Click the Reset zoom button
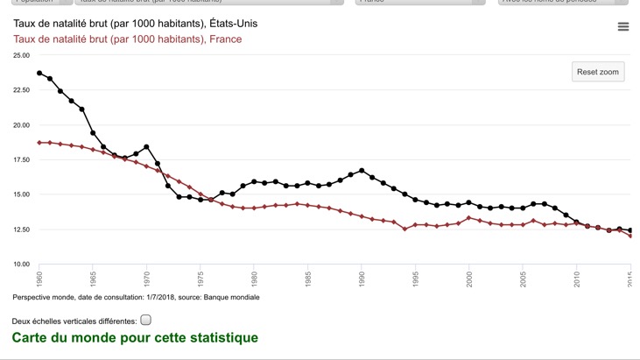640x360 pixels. [599, 72]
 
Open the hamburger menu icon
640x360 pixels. [623, 27]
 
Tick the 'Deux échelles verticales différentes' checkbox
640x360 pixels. [146, 320]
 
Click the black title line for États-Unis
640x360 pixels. [135, 23]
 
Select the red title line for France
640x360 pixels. [127, 39]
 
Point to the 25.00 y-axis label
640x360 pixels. [21, 55]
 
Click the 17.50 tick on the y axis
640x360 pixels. [21, 159]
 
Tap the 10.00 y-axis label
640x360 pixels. [21, 264]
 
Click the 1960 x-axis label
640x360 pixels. [39, 279]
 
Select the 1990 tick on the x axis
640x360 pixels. [362, 279]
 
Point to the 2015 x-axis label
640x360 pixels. [630, 279]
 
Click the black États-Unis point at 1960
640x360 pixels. [39, 73]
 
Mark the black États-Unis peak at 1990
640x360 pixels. [362, 171]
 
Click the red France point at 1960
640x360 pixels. [39, 142]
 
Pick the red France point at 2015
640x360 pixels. [630, 236]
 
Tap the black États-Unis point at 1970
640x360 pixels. [146, 146]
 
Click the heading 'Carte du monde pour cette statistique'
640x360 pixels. [135, 337]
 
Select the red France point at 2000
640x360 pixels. [469, 217]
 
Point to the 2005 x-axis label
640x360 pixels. [523, 279]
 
